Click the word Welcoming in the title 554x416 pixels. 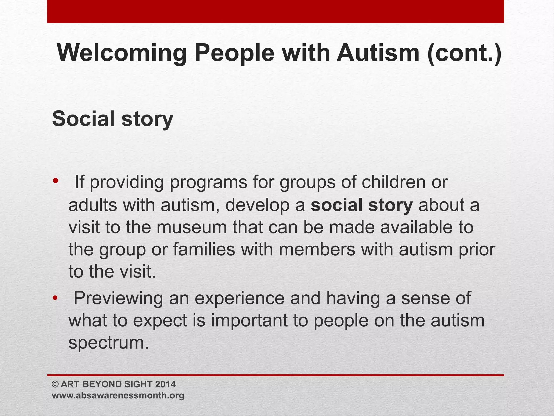(122, 53)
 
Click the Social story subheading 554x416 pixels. (113, 119)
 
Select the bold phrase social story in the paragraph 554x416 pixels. (362, 205)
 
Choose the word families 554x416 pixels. (204, 249)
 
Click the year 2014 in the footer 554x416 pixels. (166, 384)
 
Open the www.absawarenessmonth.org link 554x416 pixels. (118, 395)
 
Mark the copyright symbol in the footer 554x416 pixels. (55, 384)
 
